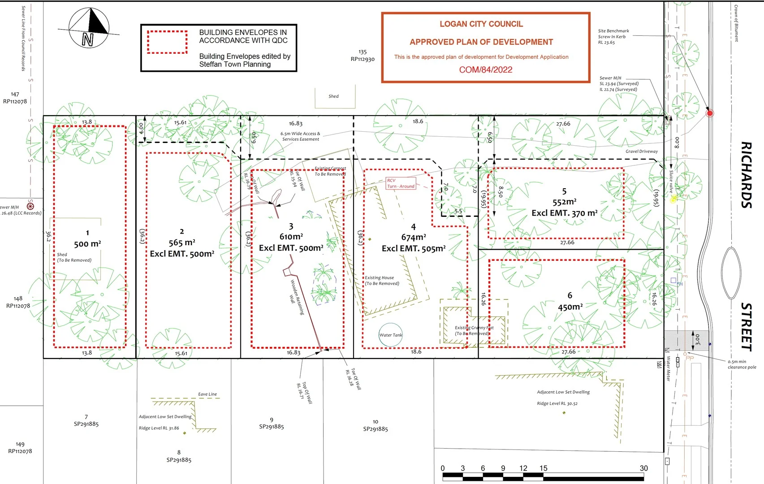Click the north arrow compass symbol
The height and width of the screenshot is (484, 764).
[x=89, y=28]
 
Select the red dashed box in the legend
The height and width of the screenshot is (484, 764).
[x=168, y=42]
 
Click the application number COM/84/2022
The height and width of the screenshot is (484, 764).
[x=485, y=69]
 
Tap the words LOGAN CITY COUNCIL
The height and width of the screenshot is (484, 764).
[x=481, y=24]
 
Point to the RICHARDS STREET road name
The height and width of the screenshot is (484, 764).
[x=746, y=246]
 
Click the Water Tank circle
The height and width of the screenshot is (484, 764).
[x=390, y=335]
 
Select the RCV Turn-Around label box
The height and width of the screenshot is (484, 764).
[x=401, y=183]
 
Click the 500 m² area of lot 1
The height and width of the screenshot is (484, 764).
[x=87, y=244]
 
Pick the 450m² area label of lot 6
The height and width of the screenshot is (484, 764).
[x=570, y=307]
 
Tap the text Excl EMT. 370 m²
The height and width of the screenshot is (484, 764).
[x=565, y=213]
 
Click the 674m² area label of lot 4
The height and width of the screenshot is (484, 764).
[x=413, y=237]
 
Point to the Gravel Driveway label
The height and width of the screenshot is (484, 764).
[x=642, y=151]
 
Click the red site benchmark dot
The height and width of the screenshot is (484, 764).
[x=709, y=113]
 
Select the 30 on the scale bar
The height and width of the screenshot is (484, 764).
[x=643, y=468]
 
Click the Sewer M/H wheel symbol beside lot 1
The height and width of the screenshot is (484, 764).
[x=30, y=206]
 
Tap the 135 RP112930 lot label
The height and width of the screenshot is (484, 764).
[x=363, y=56]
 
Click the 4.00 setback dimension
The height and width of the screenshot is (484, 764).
[x=141, y=129]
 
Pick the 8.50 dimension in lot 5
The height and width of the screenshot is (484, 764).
[x=501, y=192]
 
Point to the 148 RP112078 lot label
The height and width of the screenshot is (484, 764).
[x=18, y=302]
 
